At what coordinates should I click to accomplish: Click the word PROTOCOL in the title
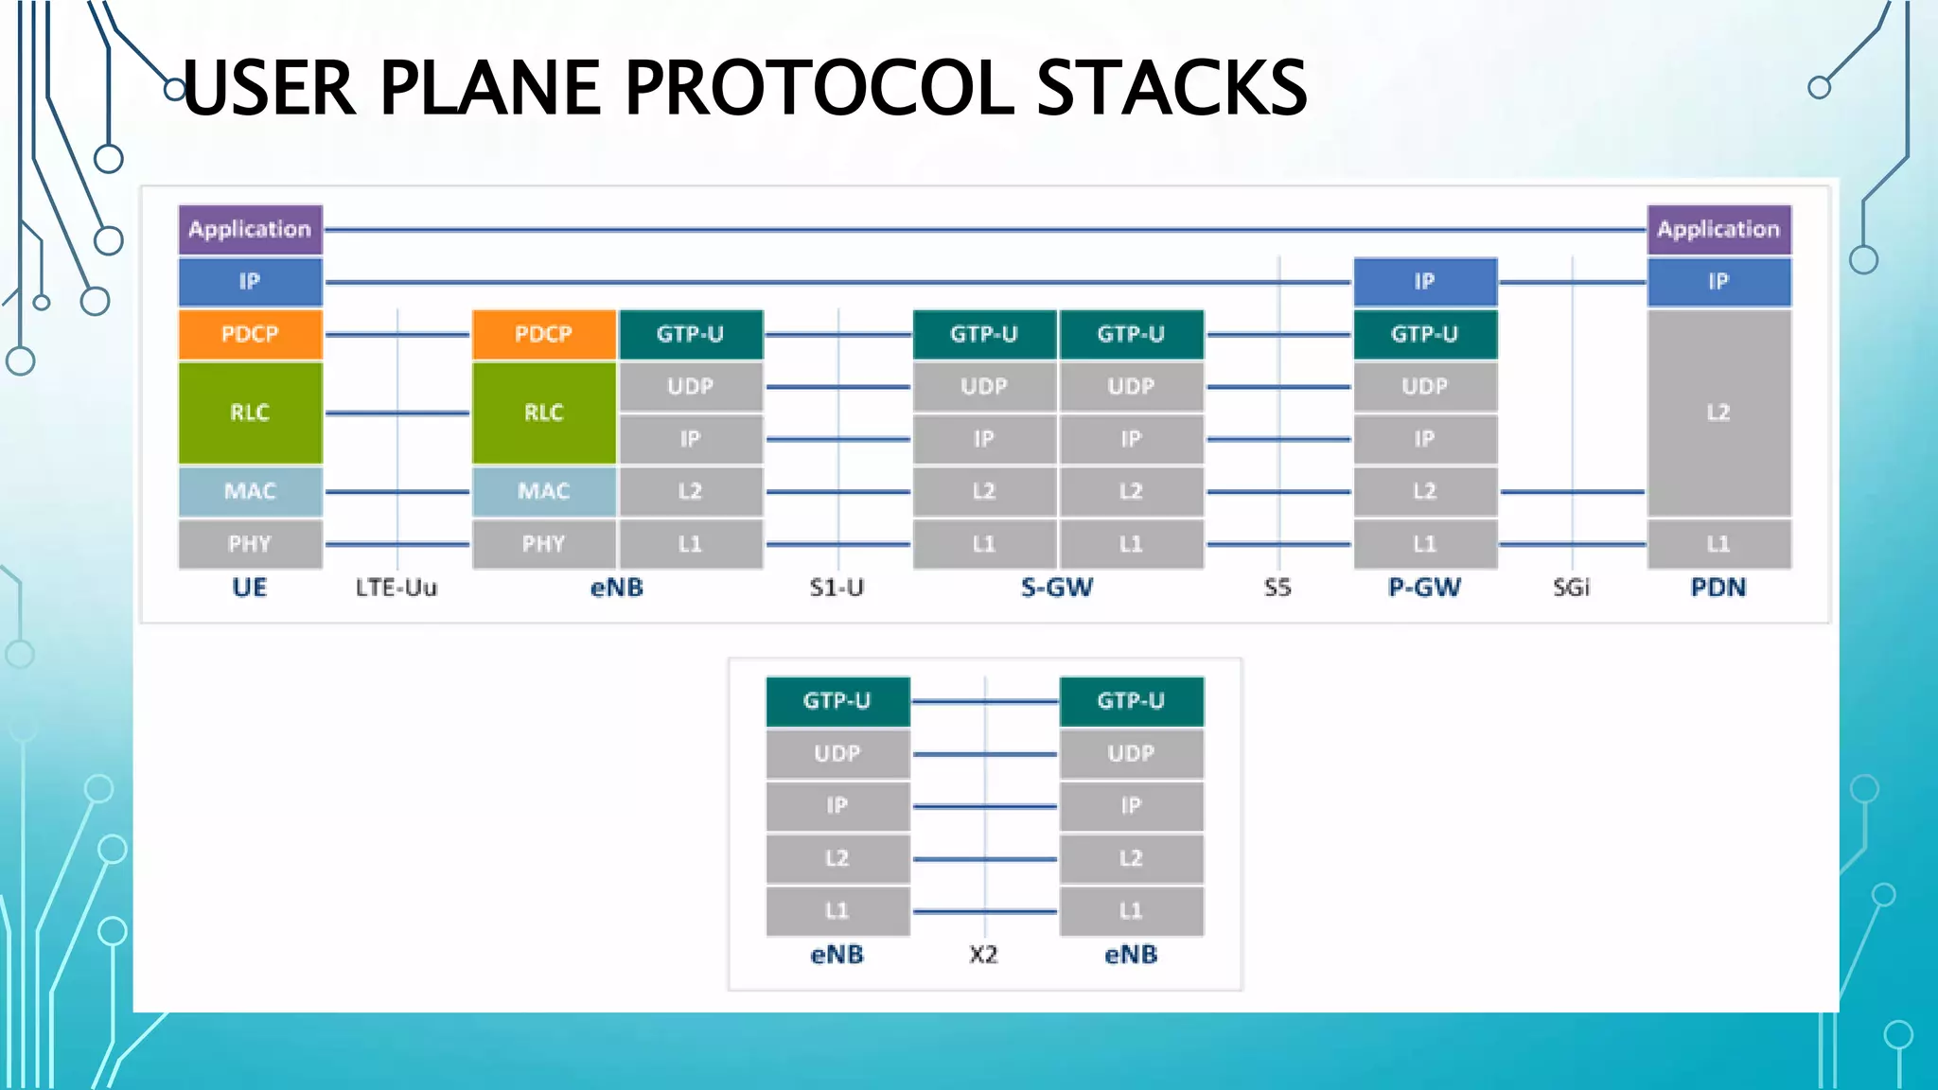tap(819, 87)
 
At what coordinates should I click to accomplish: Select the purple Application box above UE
tap(250, 229)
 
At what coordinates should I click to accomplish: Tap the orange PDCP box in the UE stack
tap(250, 334)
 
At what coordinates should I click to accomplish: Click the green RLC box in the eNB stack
tap(543, 413)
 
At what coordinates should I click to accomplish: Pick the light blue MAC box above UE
tap(250, 491)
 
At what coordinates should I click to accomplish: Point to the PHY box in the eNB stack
tap(543, 544)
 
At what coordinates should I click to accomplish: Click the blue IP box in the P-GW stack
tap(1424, 281)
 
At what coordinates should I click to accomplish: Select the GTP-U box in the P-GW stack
tap(1424, 334)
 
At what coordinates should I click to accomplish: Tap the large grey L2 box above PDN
tap(1718, 413)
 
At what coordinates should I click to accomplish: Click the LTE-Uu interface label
tap(396, 588)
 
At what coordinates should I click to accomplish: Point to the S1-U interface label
tap(837, 588)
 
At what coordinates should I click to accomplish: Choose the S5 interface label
tap(1277, 588)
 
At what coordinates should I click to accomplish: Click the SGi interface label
tap(1571, 588)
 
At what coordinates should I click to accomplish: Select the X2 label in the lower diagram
tap(983, 955)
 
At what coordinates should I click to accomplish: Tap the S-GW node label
tap(1057, 588)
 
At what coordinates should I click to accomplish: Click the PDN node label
tap(1718, 588)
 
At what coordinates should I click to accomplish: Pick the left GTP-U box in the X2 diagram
tap(837, 701)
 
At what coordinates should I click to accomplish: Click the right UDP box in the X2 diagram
tap(1131, 753)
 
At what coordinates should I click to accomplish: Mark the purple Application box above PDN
tap(1718, 229)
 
